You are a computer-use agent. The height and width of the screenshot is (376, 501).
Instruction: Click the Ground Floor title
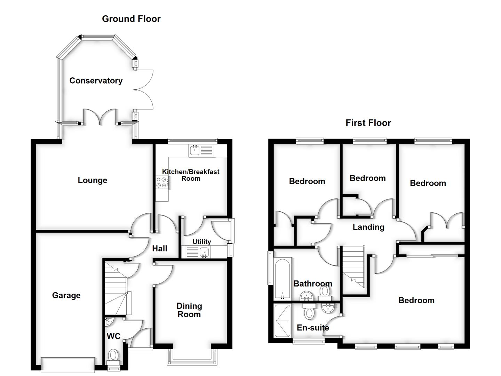[131, 19]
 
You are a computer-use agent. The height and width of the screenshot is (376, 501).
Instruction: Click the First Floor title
[368, 123]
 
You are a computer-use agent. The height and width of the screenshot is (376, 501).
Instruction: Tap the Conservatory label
[96, 81]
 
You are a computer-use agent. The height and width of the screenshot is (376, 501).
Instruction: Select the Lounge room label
[92, 180]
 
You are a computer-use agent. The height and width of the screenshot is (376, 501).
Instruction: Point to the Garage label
[66, 296]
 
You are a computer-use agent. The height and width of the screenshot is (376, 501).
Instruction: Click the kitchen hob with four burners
[162, 182]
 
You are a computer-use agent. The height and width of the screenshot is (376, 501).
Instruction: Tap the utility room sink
[204, 252]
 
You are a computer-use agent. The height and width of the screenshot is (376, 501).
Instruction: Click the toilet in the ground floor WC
[113, 357]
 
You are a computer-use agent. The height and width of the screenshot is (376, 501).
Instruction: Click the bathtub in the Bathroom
[283, 279]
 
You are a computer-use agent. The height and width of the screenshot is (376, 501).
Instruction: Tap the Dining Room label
[189, 310]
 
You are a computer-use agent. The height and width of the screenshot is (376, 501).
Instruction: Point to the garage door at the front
[68, 365]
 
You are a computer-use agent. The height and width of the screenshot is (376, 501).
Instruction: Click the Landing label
[368, 227]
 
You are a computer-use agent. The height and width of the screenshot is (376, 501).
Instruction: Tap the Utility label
[202, 242]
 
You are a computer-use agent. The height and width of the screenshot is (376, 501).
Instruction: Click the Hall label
[160, 249]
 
